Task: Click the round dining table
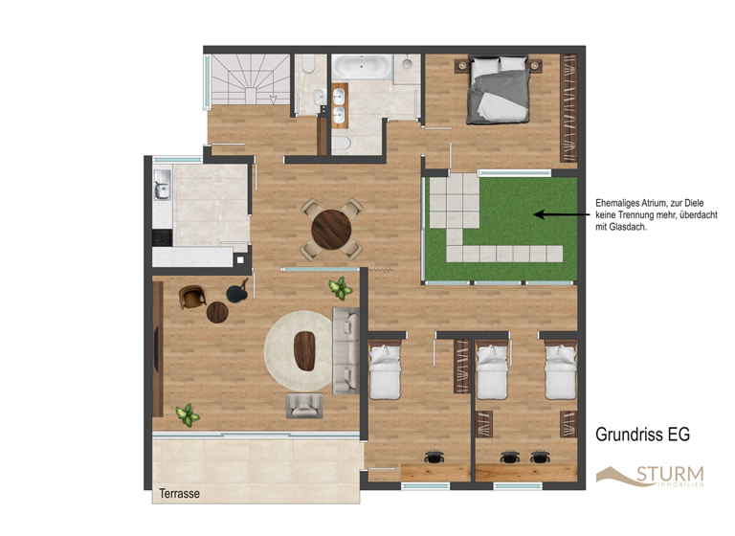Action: pyautogui.click(x=331, y=228)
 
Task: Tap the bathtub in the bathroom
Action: pyautogui.click(x=360, y=67)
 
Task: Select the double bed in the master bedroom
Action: pyautogui.click(x=498, y=92)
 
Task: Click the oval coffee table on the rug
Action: pyautogui.click(x=306, y=350)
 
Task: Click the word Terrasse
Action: pyautogui.click(x=180, y=494)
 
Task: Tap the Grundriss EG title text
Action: pyautogui.click(x=642, y=435)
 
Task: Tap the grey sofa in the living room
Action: pyautogui.click(x=345, y=350)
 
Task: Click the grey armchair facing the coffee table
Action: pyautogui.click(x=304, y=406)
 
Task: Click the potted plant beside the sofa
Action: pyautogui.click(x=338, y=288)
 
